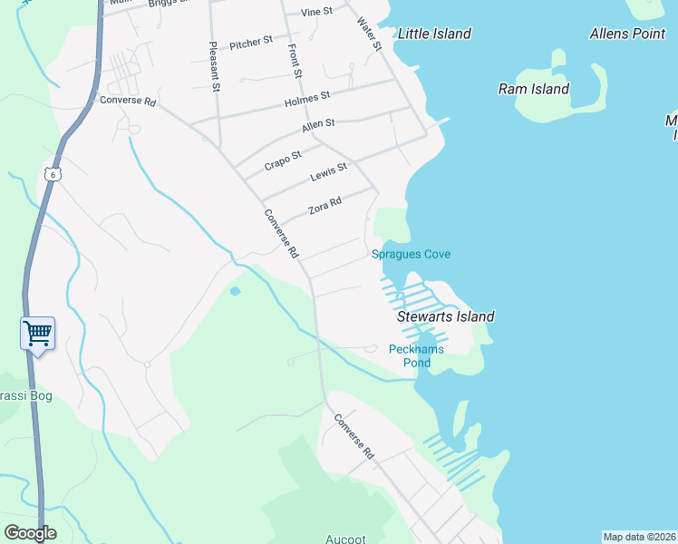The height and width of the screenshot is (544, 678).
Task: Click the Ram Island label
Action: [534, 89]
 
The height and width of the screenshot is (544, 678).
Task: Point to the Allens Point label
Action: [627, 34]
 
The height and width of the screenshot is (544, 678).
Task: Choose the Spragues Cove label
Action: [411, 254]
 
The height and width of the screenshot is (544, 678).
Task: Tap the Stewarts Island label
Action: [446, 316]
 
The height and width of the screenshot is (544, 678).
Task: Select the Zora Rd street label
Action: [324, 206]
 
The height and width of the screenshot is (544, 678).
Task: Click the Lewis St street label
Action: [328, 170]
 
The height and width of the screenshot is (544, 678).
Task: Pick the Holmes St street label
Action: [306, 99]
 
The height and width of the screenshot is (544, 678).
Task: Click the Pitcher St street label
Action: [251, 43]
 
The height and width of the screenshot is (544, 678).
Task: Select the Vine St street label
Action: [316, 12]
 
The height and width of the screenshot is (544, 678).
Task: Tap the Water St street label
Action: [369, 34]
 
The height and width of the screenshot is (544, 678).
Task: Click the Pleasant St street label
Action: [215, 67]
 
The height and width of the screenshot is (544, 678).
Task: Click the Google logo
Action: [30, 533]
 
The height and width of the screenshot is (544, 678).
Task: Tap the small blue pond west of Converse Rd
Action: [236, 291]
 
